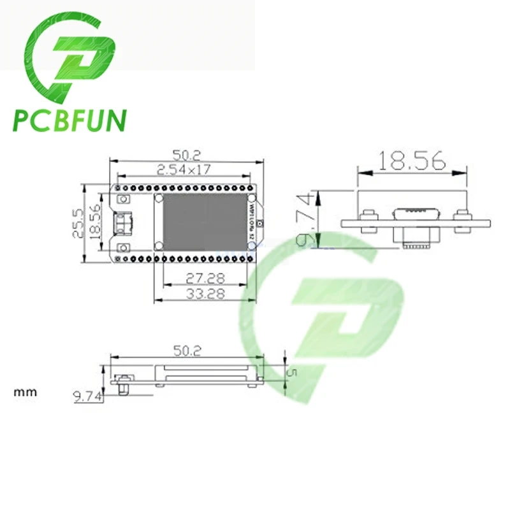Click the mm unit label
(25, 392)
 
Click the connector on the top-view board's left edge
(120, 223)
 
